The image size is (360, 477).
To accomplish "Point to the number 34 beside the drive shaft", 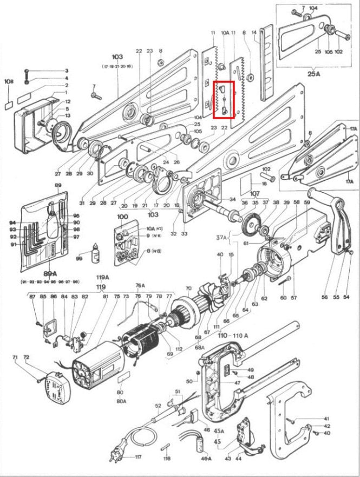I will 232,200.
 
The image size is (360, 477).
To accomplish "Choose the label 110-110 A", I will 233,336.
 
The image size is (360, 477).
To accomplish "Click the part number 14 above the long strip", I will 254,32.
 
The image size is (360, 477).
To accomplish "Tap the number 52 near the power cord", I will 158,406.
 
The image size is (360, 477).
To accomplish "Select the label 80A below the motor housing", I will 121,401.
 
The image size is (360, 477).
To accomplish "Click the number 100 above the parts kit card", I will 122,217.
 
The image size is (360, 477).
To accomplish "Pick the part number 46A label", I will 206,458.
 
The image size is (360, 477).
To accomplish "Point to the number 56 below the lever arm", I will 325,298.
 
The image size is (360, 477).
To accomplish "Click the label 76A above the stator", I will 140,285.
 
